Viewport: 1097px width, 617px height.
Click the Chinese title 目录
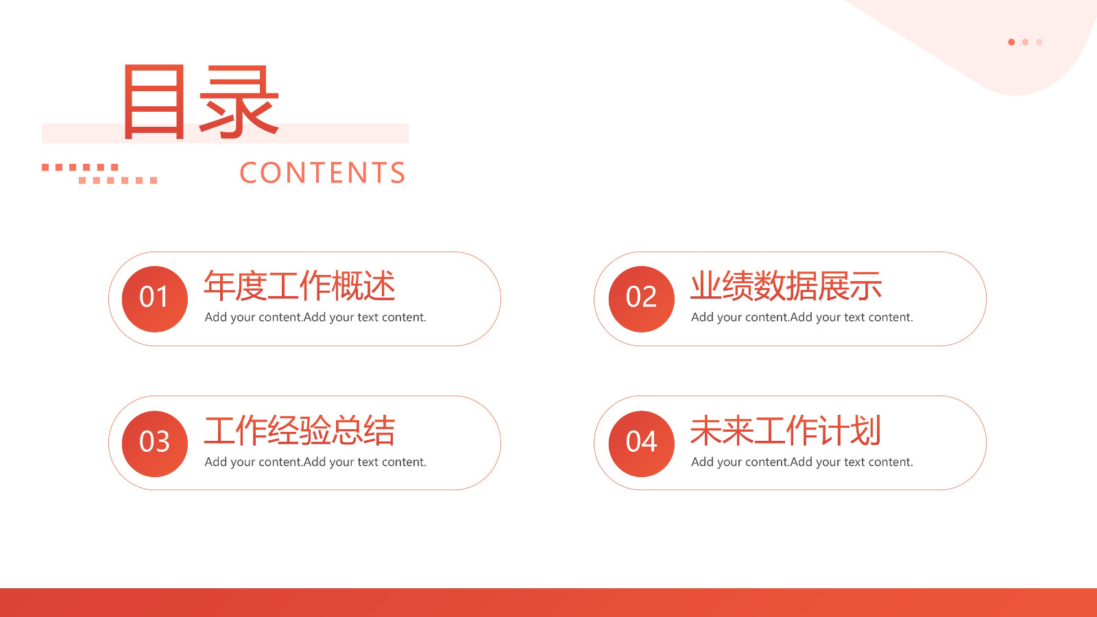click(x=202, y=101)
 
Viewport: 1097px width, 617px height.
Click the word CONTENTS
click(x=323, y=173)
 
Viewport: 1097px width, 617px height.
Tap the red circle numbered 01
click(x=155, y=299)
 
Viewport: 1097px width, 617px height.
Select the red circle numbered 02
click(x=642, y=299)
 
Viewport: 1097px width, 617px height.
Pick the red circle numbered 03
click(x=155, y=444)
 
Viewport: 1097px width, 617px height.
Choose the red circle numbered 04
click(x=642, y=444)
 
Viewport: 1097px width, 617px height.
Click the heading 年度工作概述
click(x=300, y=287)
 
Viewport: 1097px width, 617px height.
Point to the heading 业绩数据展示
click(x=786, y=287)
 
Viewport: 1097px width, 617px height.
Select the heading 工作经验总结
click(x=300, y=431)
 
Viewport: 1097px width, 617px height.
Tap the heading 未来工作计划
click(x=786, y=431)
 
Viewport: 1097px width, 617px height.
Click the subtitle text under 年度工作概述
click(x=315, y=317)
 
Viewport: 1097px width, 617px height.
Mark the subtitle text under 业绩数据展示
click(x=802, y=317)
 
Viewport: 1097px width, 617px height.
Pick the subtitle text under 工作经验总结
click(x=315, y=462)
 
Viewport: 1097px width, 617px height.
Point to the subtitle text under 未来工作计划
click(x=802, y=462)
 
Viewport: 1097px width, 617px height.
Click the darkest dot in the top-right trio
click(x=1011, y=42)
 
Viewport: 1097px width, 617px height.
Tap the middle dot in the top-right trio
click(x=1025, y=42)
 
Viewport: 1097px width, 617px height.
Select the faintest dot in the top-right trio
click(x=1039, y=42)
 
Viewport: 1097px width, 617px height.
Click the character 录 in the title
click(x=239, y=101)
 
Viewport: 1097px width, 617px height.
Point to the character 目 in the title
click(x=154, y=101)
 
